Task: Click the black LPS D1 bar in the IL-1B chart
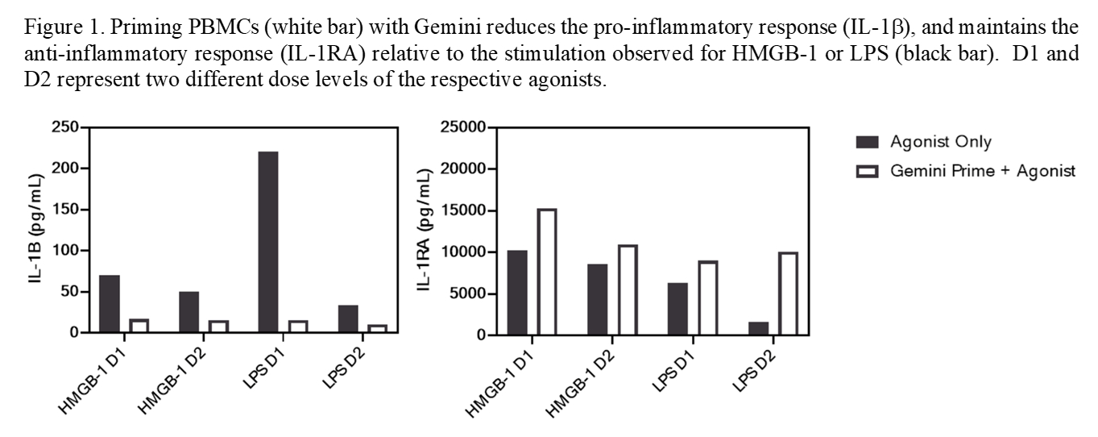click(267, 242)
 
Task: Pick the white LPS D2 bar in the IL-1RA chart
click(786, 293)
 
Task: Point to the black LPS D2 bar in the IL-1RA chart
click(759, 328)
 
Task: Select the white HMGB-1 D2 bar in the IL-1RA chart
click(626, 289)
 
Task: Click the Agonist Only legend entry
click(939, 142)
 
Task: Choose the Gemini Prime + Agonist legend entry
click(981, 171)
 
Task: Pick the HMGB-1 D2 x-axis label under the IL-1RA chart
click(582, 379)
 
